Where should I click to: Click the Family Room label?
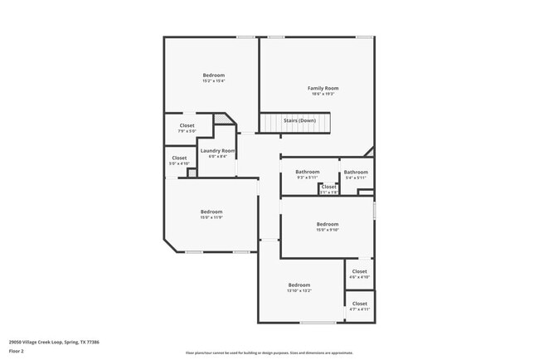click(323, 88)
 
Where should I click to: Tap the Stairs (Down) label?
click(299, 121)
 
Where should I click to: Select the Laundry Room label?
click(217, 150)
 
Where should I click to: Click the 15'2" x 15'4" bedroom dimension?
click(213, 81)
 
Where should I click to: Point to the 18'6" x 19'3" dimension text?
click(323, 95)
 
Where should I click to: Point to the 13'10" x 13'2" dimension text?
click(299, 291)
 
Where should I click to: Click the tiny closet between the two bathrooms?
click(329, 188)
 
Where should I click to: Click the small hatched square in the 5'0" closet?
click(192, 173)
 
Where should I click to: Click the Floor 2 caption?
click(17, 351)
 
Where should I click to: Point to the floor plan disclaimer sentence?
click(269, 353)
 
